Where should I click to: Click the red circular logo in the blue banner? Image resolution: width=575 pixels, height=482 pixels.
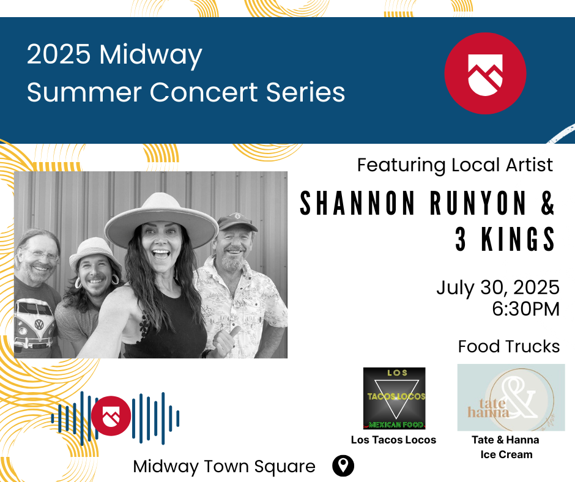point(485,73)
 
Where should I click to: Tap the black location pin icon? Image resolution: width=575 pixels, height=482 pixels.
point(343,466)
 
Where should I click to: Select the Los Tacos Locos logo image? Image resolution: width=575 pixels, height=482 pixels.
point(394,398)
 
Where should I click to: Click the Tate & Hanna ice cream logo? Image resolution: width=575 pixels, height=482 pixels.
point(511,398)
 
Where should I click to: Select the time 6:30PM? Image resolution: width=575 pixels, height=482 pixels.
point(526,309)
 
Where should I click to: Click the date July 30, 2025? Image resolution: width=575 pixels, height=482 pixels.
point(498,287)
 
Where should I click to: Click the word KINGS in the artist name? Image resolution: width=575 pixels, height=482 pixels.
point(518,239)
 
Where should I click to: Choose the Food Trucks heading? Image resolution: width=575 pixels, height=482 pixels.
point(509,346)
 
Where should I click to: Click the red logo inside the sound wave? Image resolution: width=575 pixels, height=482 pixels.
point(111,416)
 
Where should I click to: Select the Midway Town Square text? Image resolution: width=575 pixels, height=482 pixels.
point(224,466)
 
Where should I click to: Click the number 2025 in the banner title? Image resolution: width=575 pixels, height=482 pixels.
point(59,54)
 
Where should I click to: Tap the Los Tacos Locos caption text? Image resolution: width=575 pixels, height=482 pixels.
point(393,440)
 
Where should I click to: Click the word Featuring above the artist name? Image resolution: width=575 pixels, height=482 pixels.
point(401,165)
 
